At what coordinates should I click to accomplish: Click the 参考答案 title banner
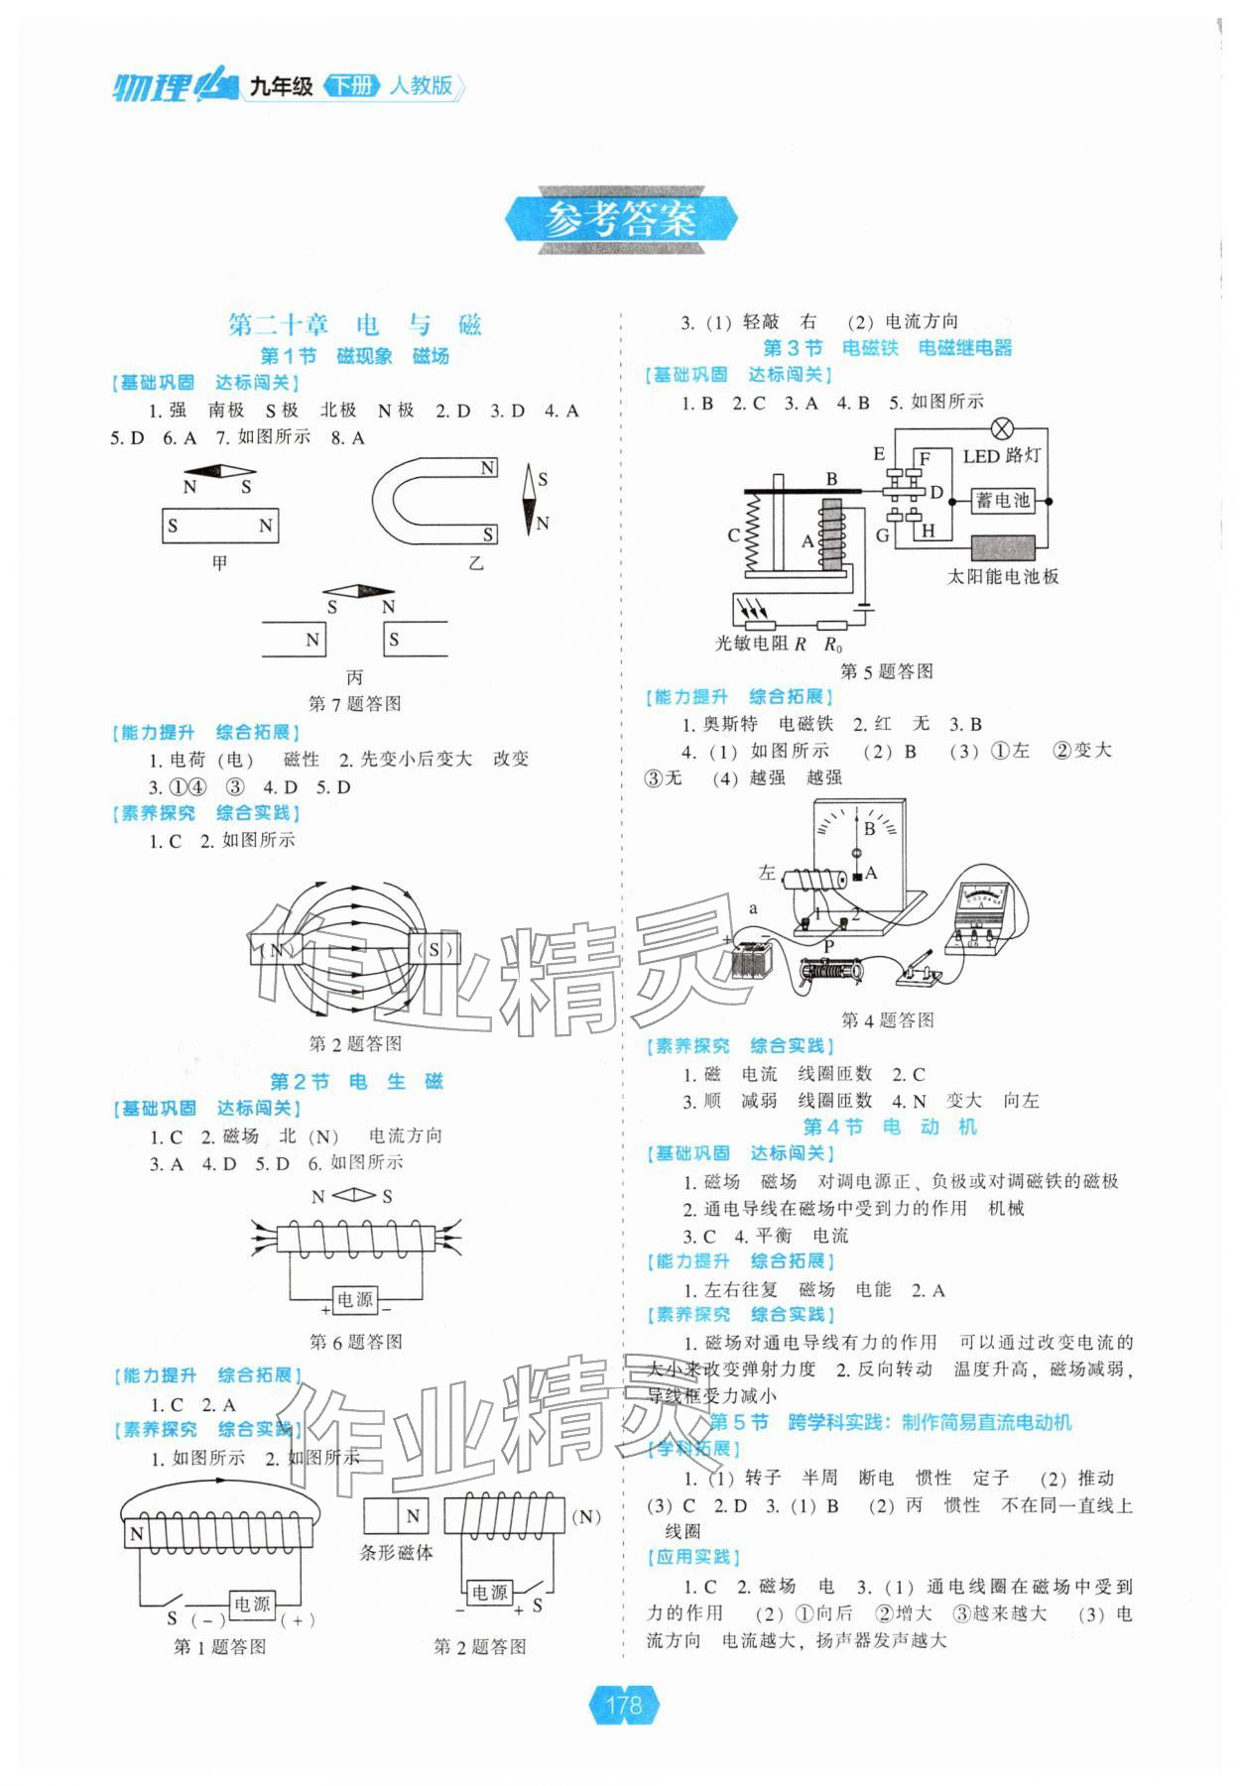pyautogui.click(x=621, y=219)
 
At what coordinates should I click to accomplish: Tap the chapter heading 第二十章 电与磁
pyautogui.click(x=354, y=324)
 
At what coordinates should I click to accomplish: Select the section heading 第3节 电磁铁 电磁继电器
pyautogui.click(x=887, y=348)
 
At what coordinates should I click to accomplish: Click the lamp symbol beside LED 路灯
pyautogui.click(x=1003, y=428)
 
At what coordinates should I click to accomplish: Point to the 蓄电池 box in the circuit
pyautogui.click(x=1002, y=501)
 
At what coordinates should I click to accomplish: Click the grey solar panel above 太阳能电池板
pyautogui.click(x=1003, y=547)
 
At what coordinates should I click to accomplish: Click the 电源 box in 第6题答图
pyautogui.click(x=355, y=1299)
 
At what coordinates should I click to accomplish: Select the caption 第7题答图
pyautogui.click(x=354, y=704)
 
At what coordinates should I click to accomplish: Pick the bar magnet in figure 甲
pyautogui.click(x=220, y=526)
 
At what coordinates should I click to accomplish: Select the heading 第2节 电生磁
pyautogui.click(x=355, y=1081)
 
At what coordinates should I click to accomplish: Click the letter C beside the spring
pyautogui.click(x=733, y=536)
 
